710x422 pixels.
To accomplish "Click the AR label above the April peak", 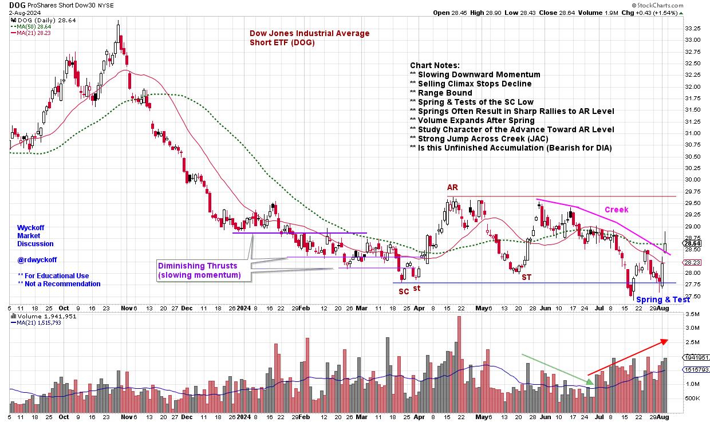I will click(452, 187).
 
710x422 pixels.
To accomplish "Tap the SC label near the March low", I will click(404, 291).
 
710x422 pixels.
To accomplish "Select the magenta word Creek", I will click(616, 210).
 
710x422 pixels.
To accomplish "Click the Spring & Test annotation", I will click(663, 299).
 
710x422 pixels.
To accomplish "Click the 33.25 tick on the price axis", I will click(693, 28).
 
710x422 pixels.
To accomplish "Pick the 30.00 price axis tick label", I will click(693, 180).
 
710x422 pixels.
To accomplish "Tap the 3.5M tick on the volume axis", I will click(693, 314).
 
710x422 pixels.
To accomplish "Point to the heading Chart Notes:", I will click(435, 65).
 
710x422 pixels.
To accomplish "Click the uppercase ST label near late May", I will click(526, 277).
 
